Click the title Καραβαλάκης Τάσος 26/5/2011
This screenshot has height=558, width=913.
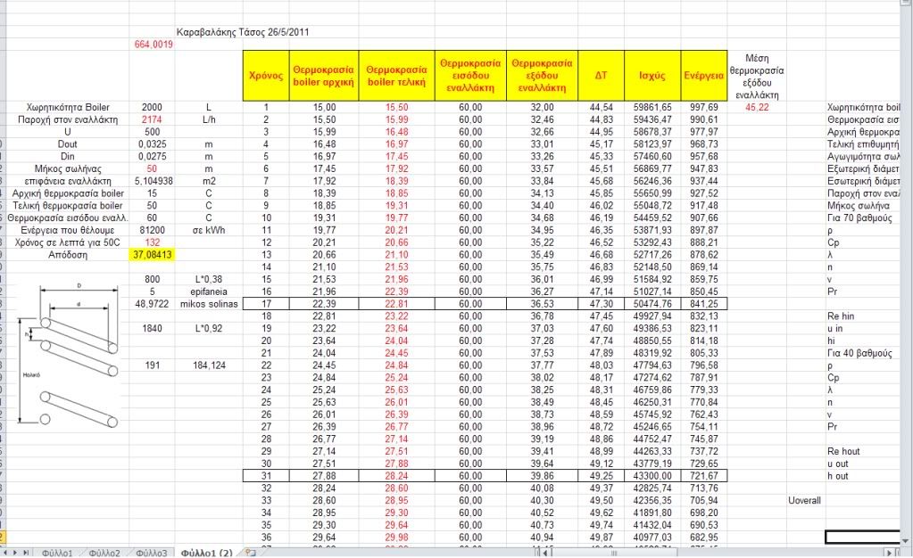(x=244, y=32)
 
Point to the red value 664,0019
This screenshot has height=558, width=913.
(x=153, y=45)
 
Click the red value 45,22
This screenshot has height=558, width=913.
(x=757, y=107)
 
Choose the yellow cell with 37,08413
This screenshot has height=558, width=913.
(x=152, y=255)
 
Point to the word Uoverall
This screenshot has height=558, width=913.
(x=804, y=500)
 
